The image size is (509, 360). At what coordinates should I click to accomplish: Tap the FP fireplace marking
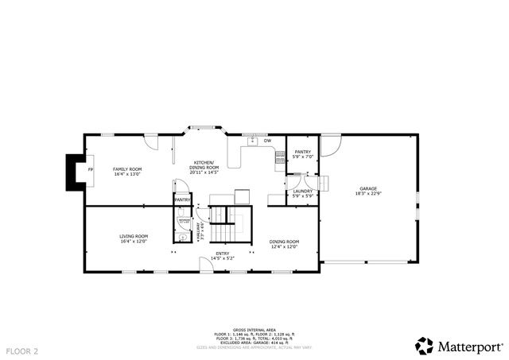click(90, 171)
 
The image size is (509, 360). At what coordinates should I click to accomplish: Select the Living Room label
click(134, 238)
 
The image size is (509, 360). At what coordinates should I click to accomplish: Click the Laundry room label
click(302, 193)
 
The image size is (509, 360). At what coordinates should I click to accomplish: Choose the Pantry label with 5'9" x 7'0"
click(303, 153)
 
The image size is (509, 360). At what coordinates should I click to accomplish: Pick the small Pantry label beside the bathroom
click(182, 199)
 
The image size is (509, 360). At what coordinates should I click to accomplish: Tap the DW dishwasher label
click(267, 141)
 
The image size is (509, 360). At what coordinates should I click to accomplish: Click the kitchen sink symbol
click(252, 141)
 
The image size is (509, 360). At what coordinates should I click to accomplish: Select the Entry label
click(223, 256)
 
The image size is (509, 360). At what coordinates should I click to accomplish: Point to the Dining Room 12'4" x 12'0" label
click(284, 243)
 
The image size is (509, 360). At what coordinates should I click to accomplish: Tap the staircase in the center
click(230, 217)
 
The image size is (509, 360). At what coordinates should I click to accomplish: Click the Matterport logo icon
click(425, 345)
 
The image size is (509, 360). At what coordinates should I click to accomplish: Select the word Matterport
click(470, 346)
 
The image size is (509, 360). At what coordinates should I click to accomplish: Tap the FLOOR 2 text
click(22, 350)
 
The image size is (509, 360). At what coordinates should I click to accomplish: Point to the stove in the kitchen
click(280, 157)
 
